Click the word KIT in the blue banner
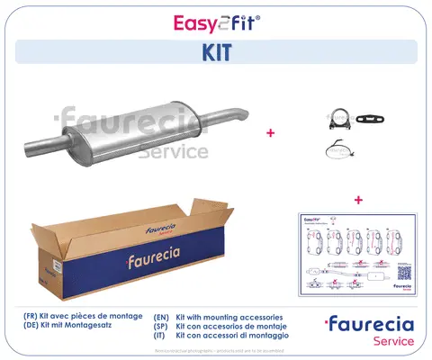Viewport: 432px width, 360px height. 216,52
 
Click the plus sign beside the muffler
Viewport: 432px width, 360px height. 270,132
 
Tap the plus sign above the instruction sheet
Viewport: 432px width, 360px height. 359,199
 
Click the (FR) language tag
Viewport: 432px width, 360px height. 32,318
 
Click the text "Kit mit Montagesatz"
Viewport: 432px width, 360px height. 86,328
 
